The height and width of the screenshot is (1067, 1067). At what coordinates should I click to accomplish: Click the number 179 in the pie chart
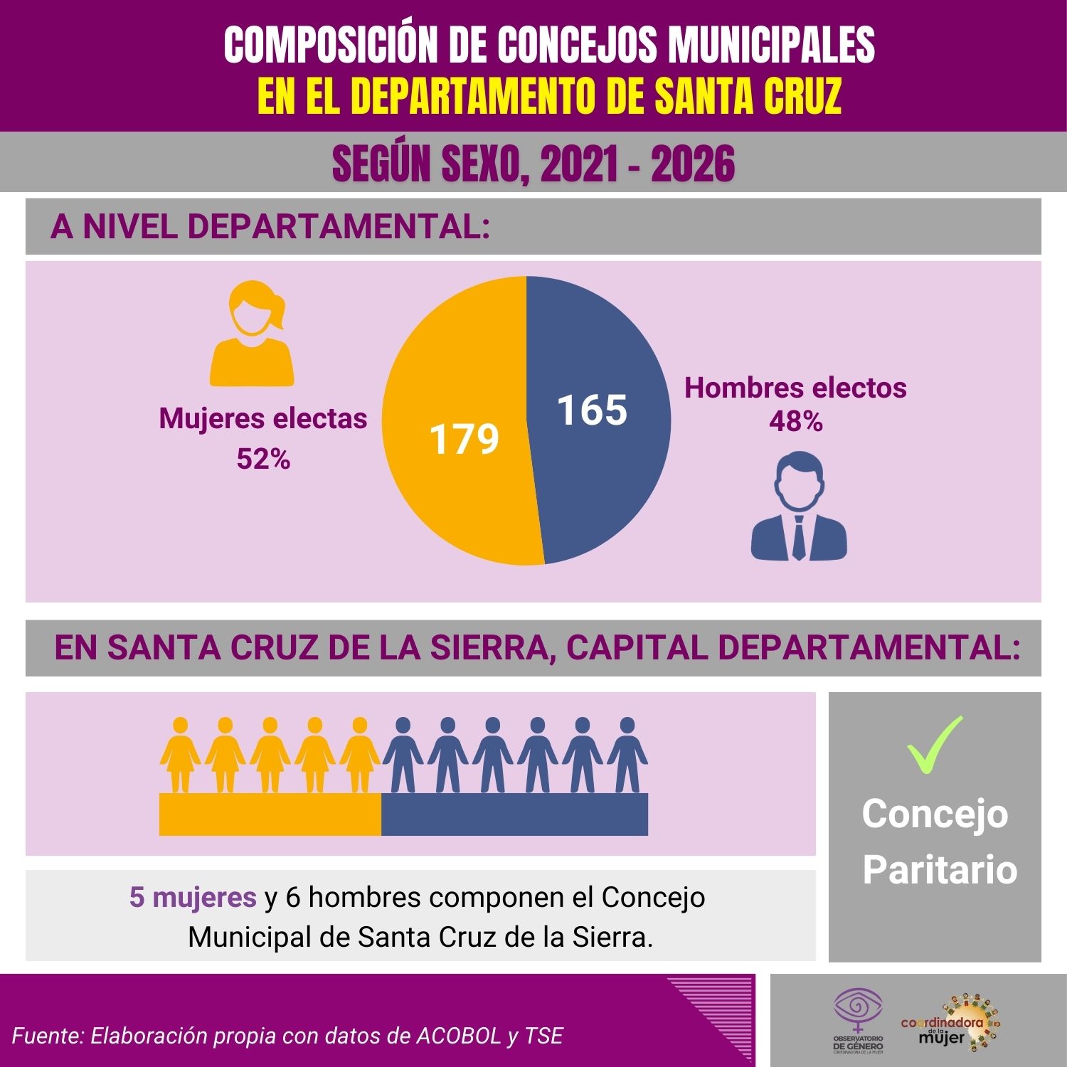(x=464, y=439)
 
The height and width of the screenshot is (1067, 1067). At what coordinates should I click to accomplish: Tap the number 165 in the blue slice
(x=592, y=410)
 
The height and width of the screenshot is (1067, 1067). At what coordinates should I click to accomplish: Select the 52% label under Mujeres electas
(x=263, y=460)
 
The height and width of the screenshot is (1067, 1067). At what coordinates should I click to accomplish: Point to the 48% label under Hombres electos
(x=795, y=422)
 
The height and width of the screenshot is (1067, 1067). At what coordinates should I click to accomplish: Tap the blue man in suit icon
(x=799, y=506)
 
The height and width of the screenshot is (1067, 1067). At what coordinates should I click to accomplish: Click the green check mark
(x=935, y=744)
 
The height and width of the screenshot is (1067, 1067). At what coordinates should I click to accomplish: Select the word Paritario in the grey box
(x=940, y=869)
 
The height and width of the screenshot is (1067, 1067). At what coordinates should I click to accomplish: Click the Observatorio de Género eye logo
(x=859, y=1010)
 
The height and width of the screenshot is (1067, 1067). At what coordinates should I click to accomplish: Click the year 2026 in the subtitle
(x=693, y=164)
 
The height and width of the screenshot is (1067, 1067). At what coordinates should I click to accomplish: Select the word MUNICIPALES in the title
(x=771, y=46)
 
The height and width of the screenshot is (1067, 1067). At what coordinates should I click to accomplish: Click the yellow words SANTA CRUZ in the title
(x=748, y=96)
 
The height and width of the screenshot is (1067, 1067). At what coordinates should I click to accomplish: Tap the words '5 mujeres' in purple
(x=193, y=898)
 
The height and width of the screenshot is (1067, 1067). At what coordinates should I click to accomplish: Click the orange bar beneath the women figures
(x=270, y=814)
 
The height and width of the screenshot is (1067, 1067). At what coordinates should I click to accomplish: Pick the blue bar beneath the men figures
(x=514, y=814)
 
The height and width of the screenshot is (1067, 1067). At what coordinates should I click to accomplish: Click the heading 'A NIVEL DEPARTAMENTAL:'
(x=270, y=227)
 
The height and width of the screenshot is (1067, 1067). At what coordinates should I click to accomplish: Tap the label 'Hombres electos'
(x=795, y=388)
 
